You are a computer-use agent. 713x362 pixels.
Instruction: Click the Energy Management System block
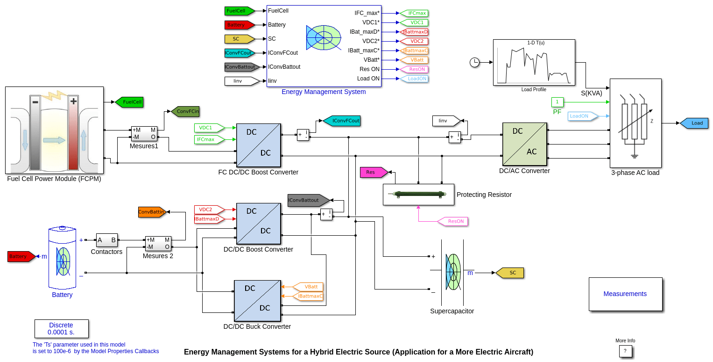point(324,46)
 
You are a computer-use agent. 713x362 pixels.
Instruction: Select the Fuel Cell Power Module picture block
point(54,130)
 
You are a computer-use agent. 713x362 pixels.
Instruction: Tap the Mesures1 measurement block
point(144,133)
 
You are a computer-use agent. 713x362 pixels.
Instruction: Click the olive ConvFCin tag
point(185,111)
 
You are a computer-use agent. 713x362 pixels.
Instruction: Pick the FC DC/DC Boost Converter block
point(258,145)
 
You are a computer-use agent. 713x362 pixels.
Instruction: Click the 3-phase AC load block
point(635,123)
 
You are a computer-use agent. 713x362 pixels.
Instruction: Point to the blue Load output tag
point(694,123)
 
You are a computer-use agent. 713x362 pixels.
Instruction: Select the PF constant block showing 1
point(557,102)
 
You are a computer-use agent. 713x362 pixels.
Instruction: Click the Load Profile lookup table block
point(533,63)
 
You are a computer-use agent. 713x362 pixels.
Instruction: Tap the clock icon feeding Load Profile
point(474,62)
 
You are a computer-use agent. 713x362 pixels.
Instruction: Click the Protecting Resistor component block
point(418,194)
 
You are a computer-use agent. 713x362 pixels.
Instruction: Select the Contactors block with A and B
point(106,240)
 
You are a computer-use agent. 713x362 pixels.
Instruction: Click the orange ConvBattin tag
point(152,212)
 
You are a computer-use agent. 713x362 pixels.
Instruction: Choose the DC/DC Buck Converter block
point(257,301)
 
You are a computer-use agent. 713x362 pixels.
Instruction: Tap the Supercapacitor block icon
point(452,272)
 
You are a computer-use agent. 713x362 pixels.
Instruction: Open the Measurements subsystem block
point(625,294)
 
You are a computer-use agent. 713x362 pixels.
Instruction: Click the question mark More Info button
point(625,351)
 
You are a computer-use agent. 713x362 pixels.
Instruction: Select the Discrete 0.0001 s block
point(61,329)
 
